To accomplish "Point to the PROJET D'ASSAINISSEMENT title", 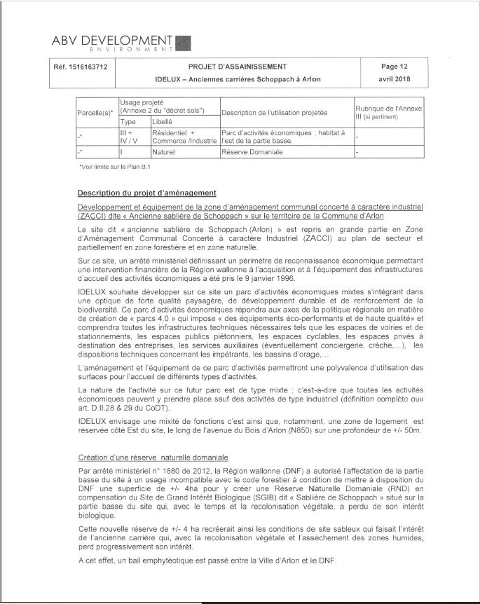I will (237, 67).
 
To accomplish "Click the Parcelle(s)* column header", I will (97, 113).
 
